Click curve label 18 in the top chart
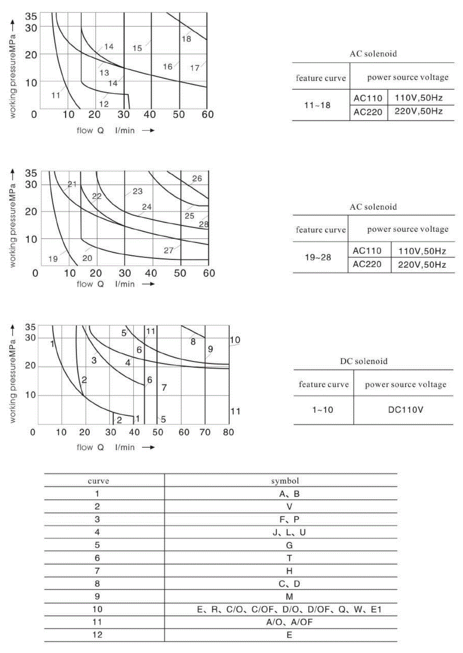point(186,39)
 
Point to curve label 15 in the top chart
point(137,48)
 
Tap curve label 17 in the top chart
point(195,68)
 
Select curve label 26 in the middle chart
point(197,179)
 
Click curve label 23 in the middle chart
point(138,191)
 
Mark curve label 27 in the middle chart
point(168,251)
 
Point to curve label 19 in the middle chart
point(53,259)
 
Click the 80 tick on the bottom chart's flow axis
point(228,432)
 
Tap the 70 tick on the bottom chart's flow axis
point(205,432)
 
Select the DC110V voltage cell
point(405,410)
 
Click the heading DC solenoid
point(364,361)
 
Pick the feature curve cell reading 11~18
point(317,105)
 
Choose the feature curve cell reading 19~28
point(318,258)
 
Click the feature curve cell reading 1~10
point(323,410)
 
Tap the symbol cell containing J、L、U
point(289,533)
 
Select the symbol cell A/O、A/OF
point(289,622)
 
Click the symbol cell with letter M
point(289,597)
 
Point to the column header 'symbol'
point(285,481)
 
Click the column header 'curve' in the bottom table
point(98,481)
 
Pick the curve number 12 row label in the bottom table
point(97,635)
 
